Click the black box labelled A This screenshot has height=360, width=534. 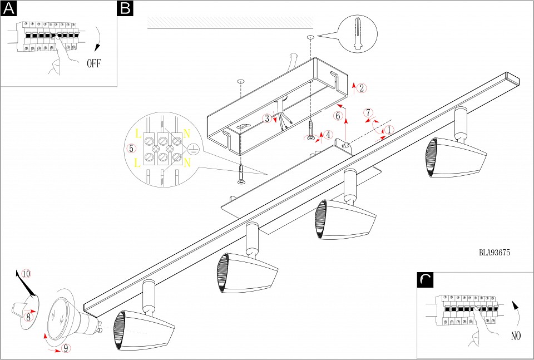coord(9,9)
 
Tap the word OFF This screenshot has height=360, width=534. coord(94,63)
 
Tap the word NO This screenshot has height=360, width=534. coord(516,336)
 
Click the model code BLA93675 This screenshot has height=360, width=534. coord(495,252)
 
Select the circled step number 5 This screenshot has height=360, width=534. coord(131,149)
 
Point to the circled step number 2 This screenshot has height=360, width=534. coord(362,88)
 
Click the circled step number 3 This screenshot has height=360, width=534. coord(268,118)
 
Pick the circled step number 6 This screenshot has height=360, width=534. coord(338,116)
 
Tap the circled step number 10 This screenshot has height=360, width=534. coord(26,273)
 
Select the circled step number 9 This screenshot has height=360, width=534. coord(66,349)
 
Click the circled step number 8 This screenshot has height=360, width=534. coord(29,317)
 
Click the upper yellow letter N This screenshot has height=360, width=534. coord(187,134)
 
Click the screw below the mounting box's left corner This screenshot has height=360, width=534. coord(241,174)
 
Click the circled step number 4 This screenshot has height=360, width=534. coord(329,134)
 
